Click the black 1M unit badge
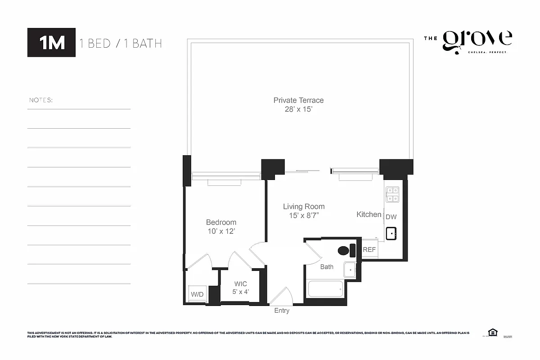(x=51, y=43)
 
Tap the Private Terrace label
(x=298, y=100)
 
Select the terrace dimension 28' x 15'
(x=298, y=109)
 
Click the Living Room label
(x=304, y=207)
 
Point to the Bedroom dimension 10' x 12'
(x=221, y=231)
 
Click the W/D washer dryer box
(x=197, y=294)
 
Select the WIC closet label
(x=240, y=284)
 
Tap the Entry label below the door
(x=282, y=310)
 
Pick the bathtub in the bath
(x=325, y=289)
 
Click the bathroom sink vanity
(x=350, y=269)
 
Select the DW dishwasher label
(x=391, y=217)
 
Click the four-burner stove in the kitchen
(x=392, y=194)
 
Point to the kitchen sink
(x=391, y=234)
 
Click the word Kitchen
(x=369, y=215)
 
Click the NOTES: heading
(x=41, y=100)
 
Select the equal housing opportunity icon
(x=493, y=333)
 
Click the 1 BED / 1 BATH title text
(x=121, y=44)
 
